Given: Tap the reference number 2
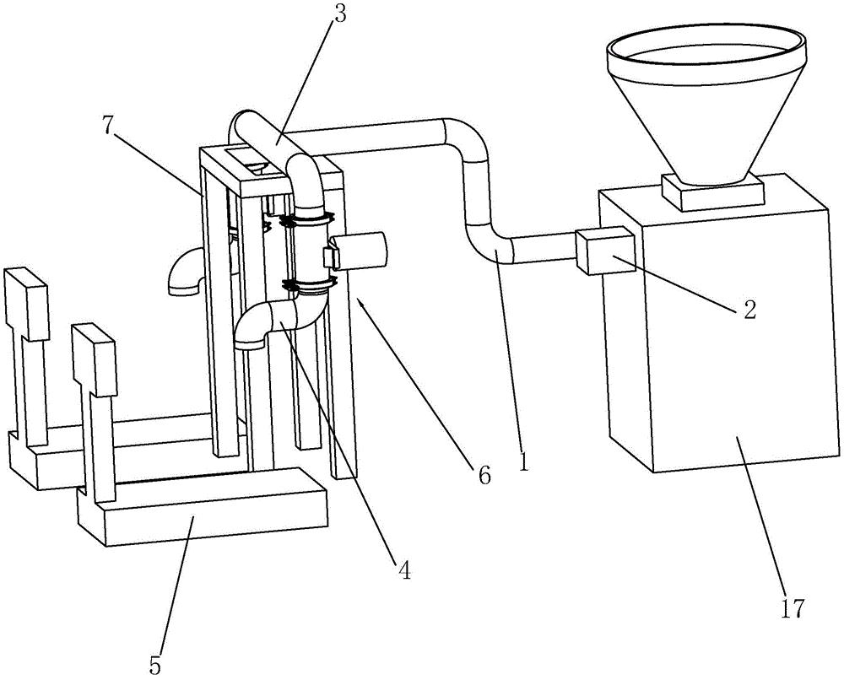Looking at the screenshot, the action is pos(749,309).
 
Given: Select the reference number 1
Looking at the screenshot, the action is pos(523,461).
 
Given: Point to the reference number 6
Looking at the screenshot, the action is pos(484,475).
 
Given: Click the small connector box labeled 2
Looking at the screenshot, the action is pos(603,251).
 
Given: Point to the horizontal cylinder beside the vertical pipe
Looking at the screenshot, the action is pos(356,251).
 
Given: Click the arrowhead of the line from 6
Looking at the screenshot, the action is pos(358,300).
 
